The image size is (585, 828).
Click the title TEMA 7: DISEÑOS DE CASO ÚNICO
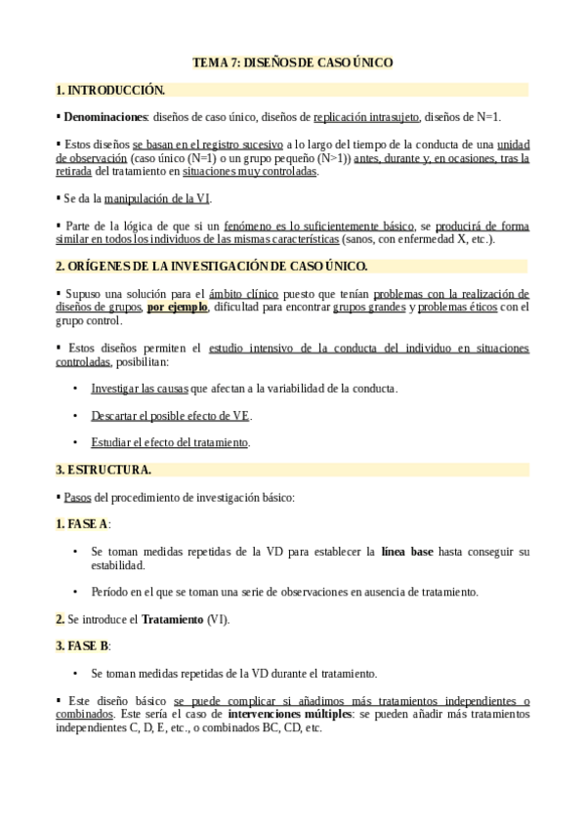292,62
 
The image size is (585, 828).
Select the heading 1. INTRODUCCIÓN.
110,90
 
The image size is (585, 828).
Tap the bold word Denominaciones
104,117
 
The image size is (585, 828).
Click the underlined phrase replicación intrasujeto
366,117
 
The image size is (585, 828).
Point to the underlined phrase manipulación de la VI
156,198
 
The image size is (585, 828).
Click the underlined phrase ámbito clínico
243,293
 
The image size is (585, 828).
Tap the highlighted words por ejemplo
177,307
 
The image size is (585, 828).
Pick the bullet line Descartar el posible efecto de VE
171,415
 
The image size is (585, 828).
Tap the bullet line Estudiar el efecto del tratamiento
170,442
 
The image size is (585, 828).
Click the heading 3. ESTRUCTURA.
104,470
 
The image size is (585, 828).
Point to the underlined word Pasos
77,497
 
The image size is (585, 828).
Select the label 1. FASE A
82,524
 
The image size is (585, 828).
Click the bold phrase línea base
407,552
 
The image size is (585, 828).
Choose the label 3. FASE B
82,646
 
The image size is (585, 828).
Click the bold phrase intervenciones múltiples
289,714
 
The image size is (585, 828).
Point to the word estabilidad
118,565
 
